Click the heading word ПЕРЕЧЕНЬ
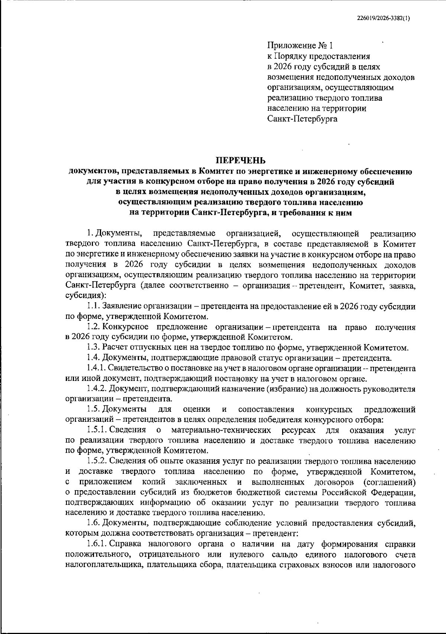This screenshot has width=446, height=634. point(241,161)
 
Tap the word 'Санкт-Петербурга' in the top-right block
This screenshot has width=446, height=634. point(303,119)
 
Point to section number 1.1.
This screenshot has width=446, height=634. point(94,307)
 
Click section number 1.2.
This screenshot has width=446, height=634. point(94,327)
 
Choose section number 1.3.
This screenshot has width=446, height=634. point(94,348)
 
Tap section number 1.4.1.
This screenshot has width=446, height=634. point(97,368)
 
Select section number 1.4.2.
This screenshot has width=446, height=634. point(97,389)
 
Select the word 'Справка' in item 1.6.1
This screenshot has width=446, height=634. point(126,544)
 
